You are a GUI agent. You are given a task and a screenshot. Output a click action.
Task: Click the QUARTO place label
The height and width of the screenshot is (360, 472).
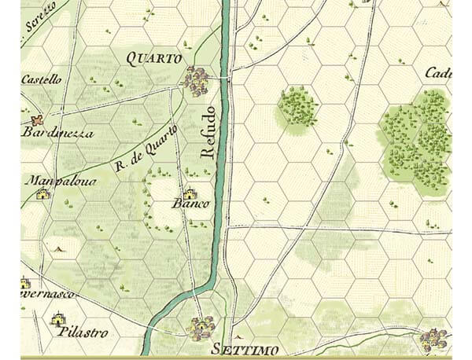(x=153, y=58)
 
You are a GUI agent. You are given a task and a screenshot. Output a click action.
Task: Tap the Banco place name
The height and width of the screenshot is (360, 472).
(x=191, y=204)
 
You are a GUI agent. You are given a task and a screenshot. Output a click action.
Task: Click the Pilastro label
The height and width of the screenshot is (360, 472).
(x=83, y=332)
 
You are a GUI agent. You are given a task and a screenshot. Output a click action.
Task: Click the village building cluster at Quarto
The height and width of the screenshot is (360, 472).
(x=196, y=79)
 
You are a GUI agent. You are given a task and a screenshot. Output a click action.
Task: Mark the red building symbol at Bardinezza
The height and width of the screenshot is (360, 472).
(x=35, y=120)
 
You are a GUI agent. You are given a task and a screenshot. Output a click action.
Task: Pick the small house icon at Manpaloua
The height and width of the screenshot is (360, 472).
(x=42, y=193)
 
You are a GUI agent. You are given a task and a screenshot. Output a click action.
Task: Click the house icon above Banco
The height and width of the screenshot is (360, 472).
(x=189, y=192)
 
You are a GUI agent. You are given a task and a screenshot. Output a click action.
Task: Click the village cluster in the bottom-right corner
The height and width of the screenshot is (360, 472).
(x=433, y=340)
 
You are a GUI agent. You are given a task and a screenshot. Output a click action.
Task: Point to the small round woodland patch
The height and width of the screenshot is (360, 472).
(x=297, y=108)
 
